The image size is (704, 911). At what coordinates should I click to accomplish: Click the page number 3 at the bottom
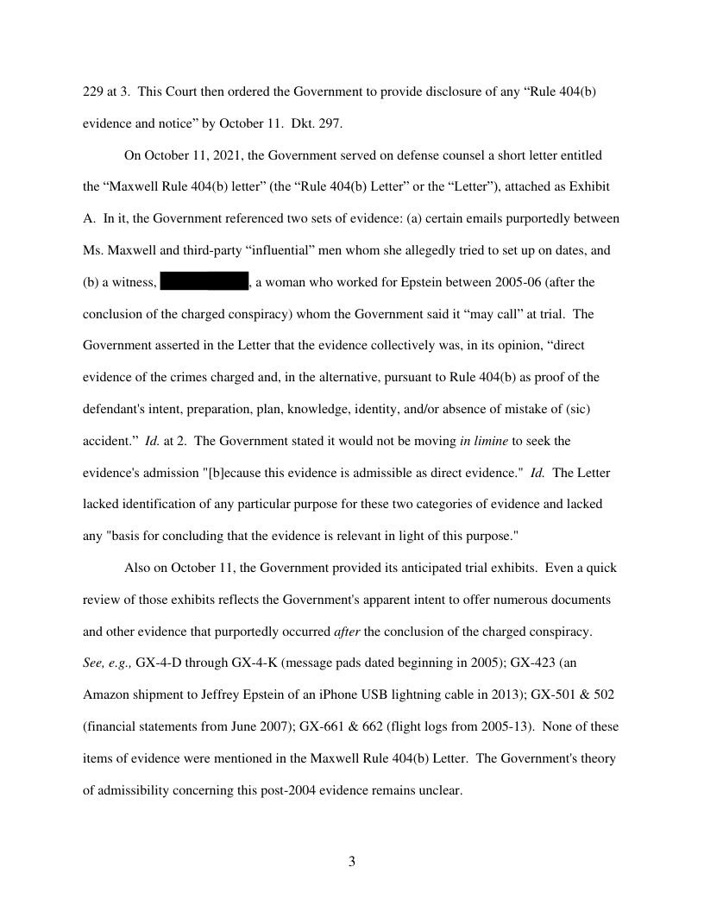(352, 861)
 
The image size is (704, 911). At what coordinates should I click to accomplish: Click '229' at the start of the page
(93, 92)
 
